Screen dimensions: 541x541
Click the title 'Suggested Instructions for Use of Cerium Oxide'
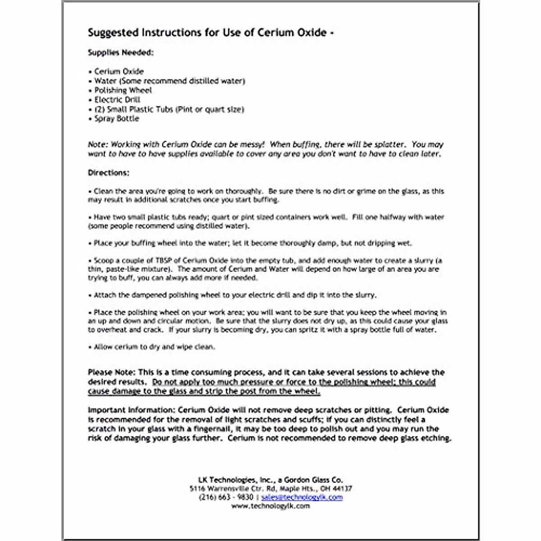pos(207,33)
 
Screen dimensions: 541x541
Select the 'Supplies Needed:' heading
pos(120,52)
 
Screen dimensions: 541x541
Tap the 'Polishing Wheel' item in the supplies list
pos(123,90)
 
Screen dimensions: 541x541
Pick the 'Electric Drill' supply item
pos(117,100)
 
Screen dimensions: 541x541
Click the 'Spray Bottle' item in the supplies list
pos(116,119)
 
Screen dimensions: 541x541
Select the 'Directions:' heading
pos(109,173)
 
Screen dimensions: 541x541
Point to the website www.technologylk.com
pos(270,506)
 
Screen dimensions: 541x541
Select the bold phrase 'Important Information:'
pos(132,410)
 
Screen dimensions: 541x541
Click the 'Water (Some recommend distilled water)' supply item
pos(170,81)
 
